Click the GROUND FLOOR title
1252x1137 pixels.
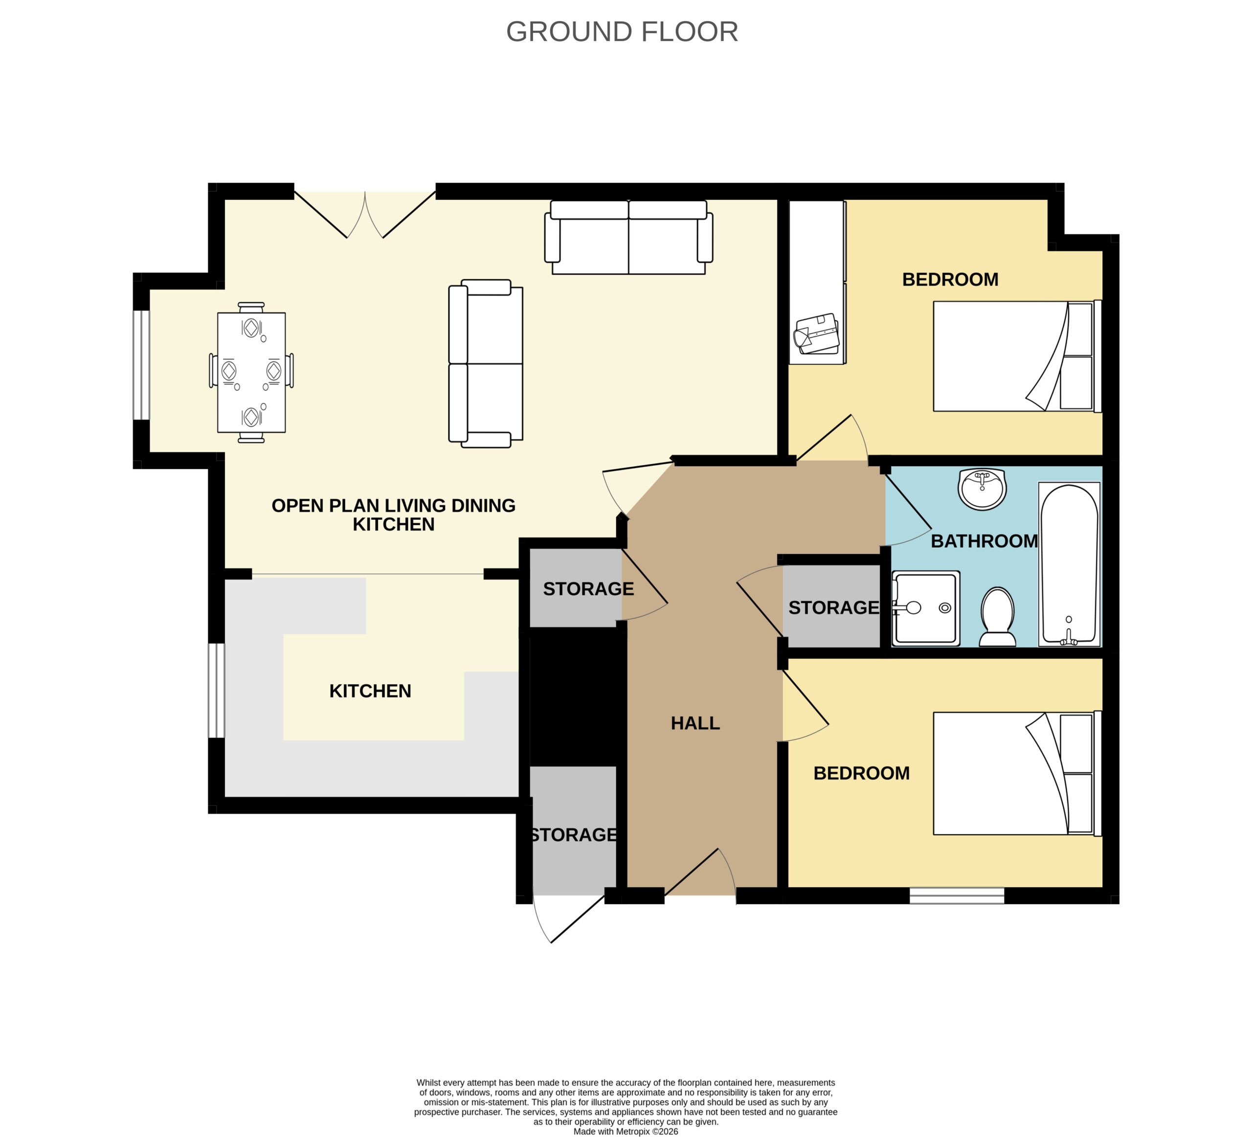(x=622, y=32)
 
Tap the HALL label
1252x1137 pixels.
(x=695, y=723)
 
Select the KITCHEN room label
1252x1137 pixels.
(x=370, y=691)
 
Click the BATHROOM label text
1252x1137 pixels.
(x=984, y=541)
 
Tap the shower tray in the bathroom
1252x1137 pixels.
(x=926, y=608)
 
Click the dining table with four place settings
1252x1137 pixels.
(x=251, y=372)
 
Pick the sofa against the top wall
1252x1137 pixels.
(x=628, y=237)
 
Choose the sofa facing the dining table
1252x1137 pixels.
(x=486, y=363)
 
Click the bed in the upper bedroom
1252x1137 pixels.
(x=1017, y=357)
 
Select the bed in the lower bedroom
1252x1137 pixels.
(x=1017, y=773)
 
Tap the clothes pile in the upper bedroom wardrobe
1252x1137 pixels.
(x=817, y=334)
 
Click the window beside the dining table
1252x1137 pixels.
(x=142, y=365)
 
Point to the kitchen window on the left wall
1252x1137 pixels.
(x=216, y=691)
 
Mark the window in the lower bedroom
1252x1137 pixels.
(x=957, y=895)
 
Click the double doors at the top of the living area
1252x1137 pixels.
(x=365, y=215)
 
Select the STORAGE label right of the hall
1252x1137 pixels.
(x=833, y=607)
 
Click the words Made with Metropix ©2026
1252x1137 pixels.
(x=626, y=1132)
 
